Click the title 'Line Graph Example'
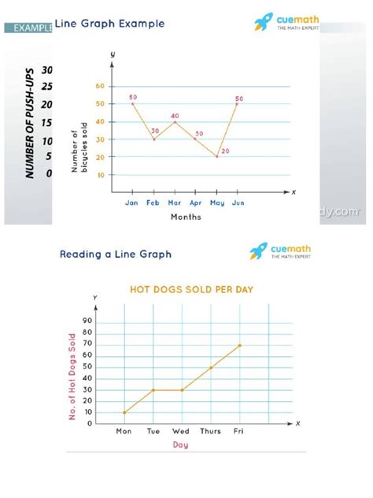109,24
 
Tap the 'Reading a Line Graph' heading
116,254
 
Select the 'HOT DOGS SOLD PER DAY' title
191,289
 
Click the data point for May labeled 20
216,157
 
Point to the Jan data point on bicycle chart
132,103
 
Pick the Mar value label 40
175,115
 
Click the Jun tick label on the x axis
237,203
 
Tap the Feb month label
153,203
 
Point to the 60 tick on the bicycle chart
100,86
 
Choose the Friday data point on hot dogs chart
240,345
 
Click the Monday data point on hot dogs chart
124,412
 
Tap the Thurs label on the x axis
211,431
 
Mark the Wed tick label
182,431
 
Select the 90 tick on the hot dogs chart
87,321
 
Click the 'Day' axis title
181,445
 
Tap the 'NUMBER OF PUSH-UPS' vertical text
29,122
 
